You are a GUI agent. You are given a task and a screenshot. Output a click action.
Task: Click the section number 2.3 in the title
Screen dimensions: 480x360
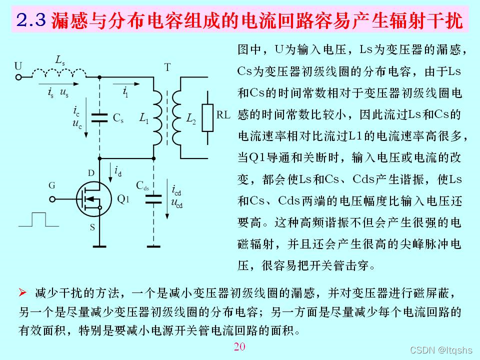31,20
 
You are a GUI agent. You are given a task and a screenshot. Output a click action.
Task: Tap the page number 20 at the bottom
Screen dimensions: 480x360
239,347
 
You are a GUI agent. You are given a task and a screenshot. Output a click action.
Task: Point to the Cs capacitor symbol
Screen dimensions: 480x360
100,117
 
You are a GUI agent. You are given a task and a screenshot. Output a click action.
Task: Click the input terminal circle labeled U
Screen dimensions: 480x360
19,77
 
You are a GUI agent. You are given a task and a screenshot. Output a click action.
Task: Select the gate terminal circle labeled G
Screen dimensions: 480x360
52,198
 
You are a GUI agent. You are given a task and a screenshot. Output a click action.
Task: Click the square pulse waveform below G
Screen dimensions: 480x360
38,220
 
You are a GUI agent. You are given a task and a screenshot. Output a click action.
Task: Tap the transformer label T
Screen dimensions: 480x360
167,67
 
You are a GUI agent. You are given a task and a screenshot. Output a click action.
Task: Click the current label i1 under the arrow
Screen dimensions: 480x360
125,91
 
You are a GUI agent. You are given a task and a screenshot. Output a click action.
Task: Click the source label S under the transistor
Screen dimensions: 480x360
91,228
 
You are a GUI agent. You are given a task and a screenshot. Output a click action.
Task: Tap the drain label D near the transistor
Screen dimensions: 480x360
91,173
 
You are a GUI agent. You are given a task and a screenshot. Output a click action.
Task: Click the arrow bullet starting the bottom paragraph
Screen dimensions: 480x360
22,292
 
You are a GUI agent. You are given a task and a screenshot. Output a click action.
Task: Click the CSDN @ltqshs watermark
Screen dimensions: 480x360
441,350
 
